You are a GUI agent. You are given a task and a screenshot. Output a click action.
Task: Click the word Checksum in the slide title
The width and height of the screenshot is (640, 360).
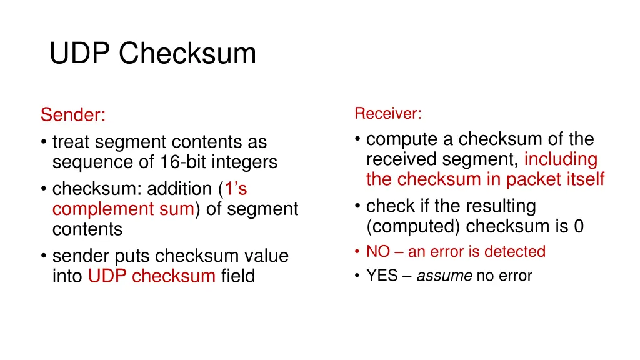pyautogui.click(x=187, y=54)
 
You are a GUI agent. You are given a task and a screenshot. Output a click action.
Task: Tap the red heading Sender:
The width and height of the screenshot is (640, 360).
pyautogui.click(x=73, y=116)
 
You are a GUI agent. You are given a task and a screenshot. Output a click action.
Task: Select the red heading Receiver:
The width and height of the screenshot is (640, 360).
pyautogui.click(x=388, y=114)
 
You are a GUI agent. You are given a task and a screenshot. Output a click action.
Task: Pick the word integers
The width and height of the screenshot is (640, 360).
pyautogui.click(x=246, y=162)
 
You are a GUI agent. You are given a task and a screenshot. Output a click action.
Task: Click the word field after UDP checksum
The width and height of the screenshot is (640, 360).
pyautogui.click(x=238, y=276)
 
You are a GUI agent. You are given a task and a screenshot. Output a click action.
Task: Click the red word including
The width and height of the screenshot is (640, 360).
pyautogui.click(x=561, y=159)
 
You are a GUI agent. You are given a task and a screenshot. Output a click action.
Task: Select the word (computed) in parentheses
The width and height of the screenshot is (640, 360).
pyautogui.click(x=413, y=226)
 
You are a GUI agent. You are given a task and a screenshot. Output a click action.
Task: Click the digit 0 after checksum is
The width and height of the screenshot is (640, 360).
pyautogui.click(x=579, y=226)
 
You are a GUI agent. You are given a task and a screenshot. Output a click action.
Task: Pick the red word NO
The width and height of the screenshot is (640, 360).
pyautogui.click(x=378, y=252)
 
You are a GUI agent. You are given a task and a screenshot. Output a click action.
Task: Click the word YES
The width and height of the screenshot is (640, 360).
pyautogui.click(x=382, y=276)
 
